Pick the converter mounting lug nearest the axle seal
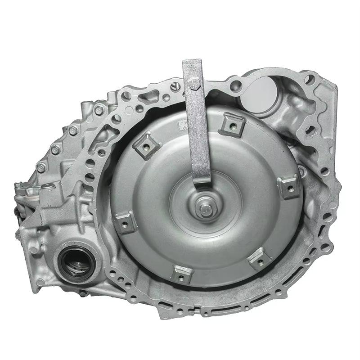click(x=126, y=222)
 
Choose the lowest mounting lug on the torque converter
click(x=182, y=273)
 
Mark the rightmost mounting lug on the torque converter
click(x=288, y=186)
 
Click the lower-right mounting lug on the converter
click(x=260, y=259)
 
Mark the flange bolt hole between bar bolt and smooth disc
click(x=234, y=84)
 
